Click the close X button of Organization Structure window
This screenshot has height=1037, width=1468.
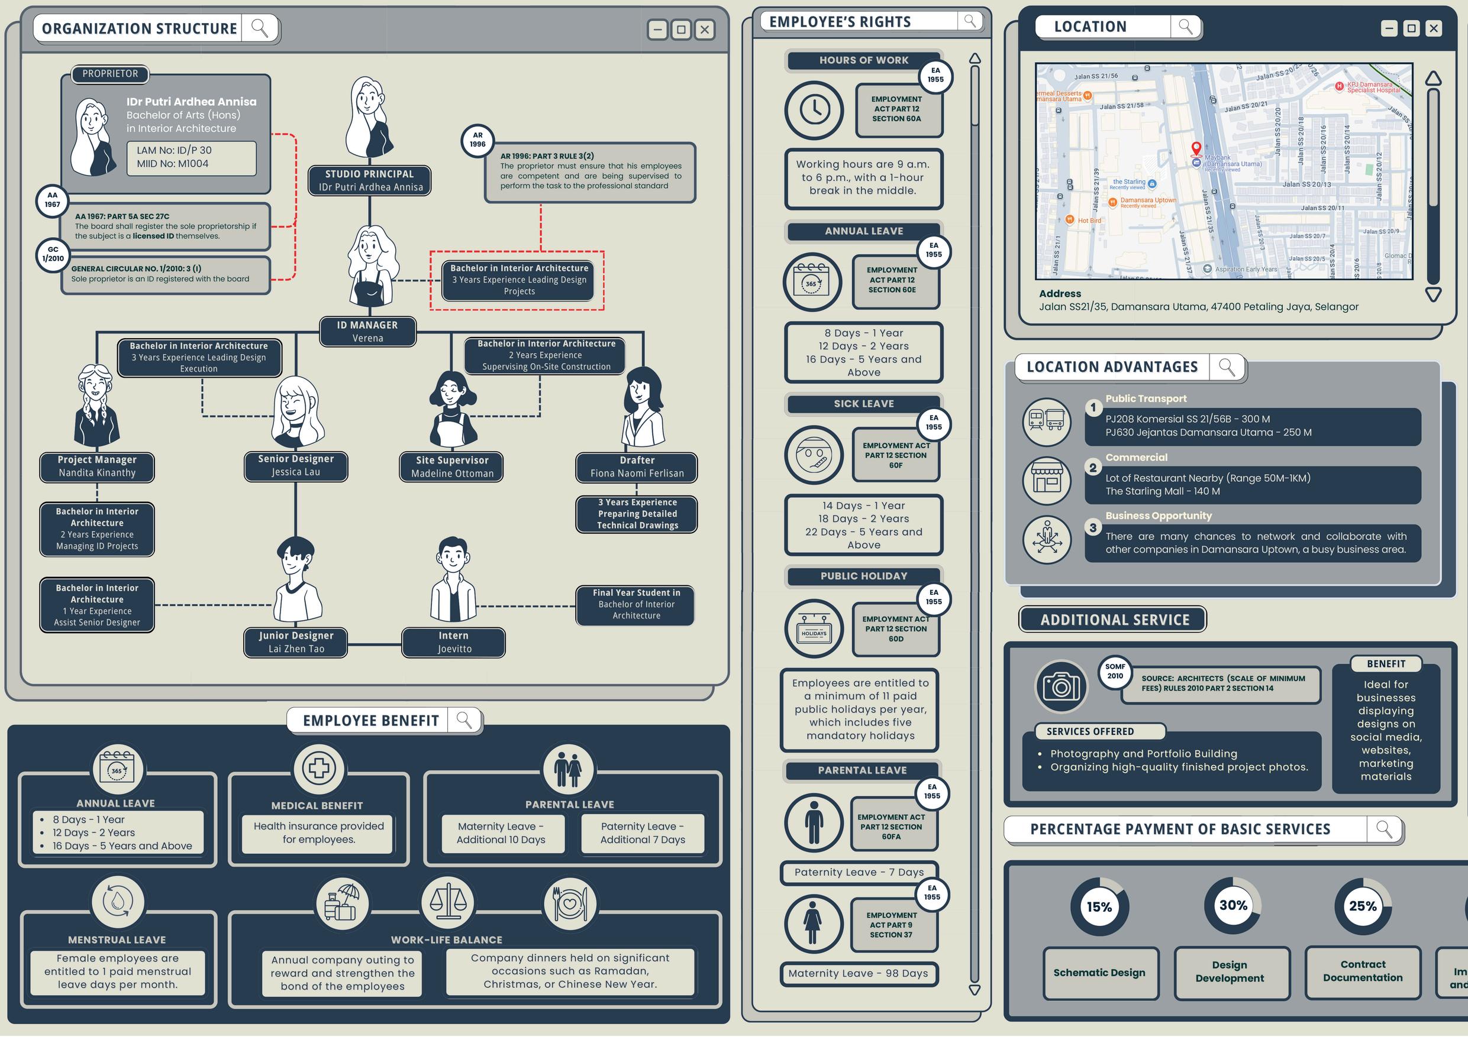[705, 30]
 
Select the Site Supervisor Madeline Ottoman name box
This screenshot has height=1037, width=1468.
[452, 467]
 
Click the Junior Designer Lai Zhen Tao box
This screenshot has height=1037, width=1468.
[296, 642]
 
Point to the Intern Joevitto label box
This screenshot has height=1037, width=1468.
[454, 642]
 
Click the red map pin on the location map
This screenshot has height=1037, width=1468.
[1196, 149]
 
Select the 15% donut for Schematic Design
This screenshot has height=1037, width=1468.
[1099, 906]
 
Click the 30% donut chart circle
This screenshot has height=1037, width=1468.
[1233, 905]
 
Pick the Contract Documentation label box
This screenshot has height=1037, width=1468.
[1363, 971]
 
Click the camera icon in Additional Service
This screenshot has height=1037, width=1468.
[1062, 686]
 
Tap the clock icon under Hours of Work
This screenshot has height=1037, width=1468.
[815, 110]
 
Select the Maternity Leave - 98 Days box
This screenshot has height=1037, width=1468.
[858, 973]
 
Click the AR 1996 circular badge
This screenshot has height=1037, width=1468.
[477, 140]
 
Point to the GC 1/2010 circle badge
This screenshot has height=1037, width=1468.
[53, 254]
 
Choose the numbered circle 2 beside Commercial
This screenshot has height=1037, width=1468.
[1093, 468]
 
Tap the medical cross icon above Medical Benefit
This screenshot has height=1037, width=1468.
[318, 768]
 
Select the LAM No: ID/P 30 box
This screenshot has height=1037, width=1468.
[191, 157]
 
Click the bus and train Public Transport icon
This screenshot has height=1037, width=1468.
[1046, 421]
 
